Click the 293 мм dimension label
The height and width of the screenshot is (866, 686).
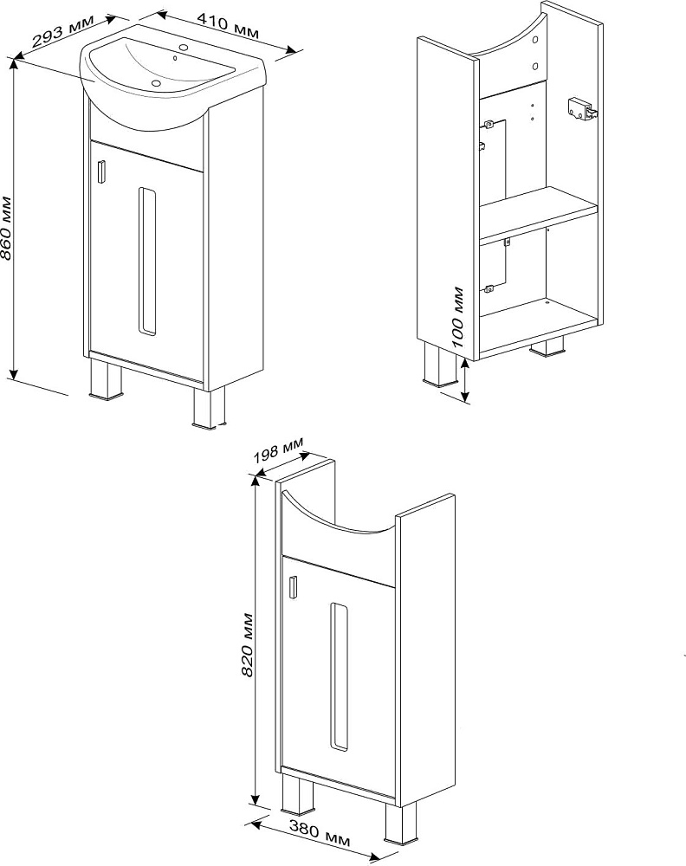62,32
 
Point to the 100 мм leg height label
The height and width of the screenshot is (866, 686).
458,317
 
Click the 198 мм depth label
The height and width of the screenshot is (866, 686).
278,450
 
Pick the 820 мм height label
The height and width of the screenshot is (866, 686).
247,644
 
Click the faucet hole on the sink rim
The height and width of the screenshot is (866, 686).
184,47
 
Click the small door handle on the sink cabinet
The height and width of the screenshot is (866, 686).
101,170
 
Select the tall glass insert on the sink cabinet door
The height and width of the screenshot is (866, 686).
147,262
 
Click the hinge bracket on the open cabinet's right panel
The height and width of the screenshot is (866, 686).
581,107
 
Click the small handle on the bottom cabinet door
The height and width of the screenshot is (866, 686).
294,586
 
